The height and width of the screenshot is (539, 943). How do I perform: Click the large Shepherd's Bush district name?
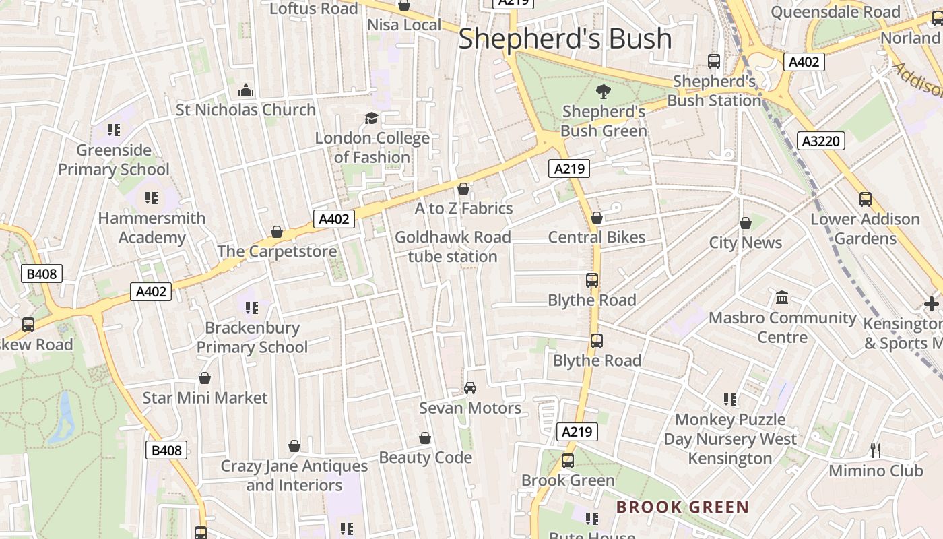coord(564,39)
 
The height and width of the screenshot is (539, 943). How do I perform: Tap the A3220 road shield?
coord(820,141)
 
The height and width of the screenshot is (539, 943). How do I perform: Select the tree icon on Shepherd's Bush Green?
coord(604,91)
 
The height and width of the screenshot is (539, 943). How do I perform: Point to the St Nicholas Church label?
coord(246,110)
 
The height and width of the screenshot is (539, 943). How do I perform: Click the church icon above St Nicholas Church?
coord(246,90)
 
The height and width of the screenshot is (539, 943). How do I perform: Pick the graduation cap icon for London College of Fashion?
coord(371,119)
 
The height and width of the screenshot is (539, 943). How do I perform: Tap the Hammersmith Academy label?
coord(152,228)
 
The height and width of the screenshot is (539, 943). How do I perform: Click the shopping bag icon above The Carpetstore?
coord(277,232)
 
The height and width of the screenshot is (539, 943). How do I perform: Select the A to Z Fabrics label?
coord(463,209)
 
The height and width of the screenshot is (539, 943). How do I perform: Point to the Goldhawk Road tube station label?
coord(453,247)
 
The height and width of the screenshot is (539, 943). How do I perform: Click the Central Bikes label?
coord(596,237)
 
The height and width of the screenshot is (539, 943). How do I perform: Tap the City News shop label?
coord(745,243)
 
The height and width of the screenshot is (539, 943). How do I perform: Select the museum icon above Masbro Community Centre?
coord(782,297)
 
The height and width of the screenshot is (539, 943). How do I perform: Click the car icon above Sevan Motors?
coord(470,388)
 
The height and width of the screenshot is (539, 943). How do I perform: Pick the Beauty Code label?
coord(425,457)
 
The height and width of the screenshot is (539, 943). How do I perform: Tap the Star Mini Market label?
coord(205,398)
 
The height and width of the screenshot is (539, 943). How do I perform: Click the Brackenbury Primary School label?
coord(252,338)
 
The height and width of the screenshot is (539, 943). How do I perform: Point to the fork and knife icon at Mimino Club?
coord(876,450)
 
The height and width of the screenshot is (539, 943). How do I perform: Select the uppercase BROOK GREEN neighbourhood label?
coord(682,507)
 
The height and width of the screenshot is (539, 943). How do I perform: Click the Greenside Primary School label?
coord(114,160)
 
